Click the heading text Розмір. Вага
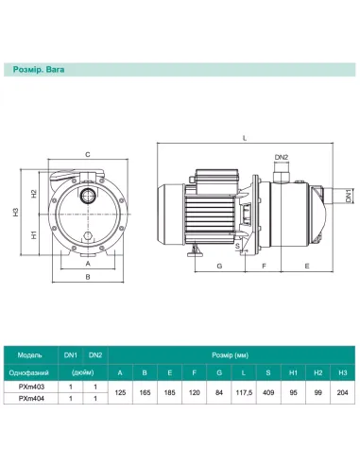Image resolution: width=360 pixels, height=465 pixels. tap(39, 70)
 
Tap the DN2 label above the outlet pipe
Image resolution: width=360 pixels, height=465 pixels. tap(282, 157)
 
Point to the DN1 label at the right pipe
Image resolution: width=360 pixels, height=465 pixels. tap(348, 196)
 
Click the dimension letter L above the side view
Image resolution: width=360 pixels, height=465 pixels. tap(245, 138)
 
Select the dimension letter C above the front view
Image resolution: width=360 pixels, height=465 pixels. tap(88, 154)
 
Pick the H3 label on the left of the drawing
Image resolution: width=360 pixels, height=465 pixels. tap(16, 212)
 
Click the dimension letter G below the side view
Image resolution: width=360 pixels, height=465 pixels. tap(219, 266)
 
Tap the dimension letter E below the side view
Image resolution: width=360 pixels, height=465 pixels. tap(307, 266)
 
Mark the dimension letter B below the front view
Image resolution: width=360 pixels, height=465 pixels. tap(88, 277)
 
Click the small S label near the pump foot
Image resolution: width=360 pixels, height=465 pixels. tap(237, 246)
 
